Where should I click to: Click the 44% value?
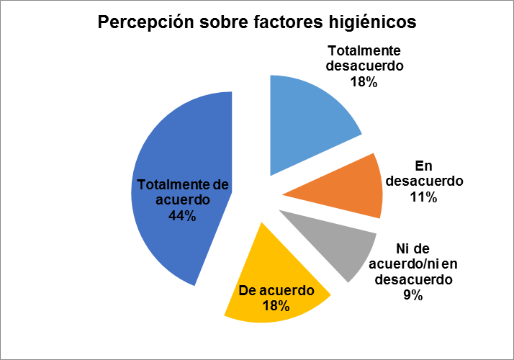pyautogui.click(x=182, y=215)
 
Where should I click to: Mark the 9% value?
pyautogui.click(x=412, y=294)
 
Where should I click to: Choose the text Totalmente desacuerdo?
pyautogui.click(x=364, y=58)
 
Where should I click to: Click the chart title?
pyautogui.click(x=257, y=23)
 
